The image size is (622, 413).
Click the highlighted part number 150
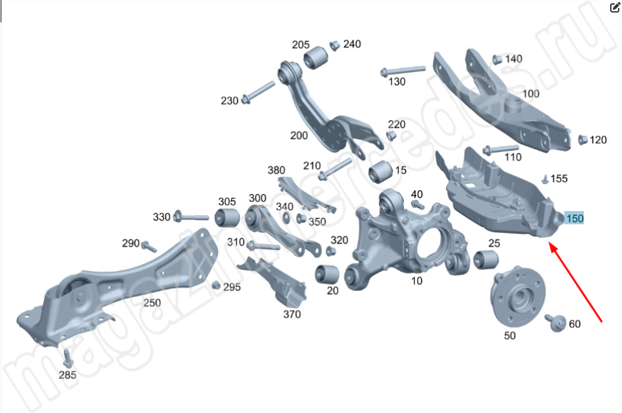[575, 218]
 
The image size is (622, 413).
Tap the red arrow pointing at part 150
[576, 282]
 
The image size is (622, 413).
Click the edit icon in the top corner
[615, 7]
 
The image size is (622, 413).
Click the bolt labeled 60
[555, 322]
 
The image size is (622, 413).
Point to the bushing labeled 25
[486, 259]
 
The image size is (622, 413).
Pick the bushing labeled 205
[316, 57]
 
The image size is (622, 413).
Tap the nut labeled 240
[335, 46]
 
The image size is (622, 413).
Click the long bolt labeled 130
[403, 71]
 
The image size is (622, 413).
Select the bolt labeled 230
[258, 92]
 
